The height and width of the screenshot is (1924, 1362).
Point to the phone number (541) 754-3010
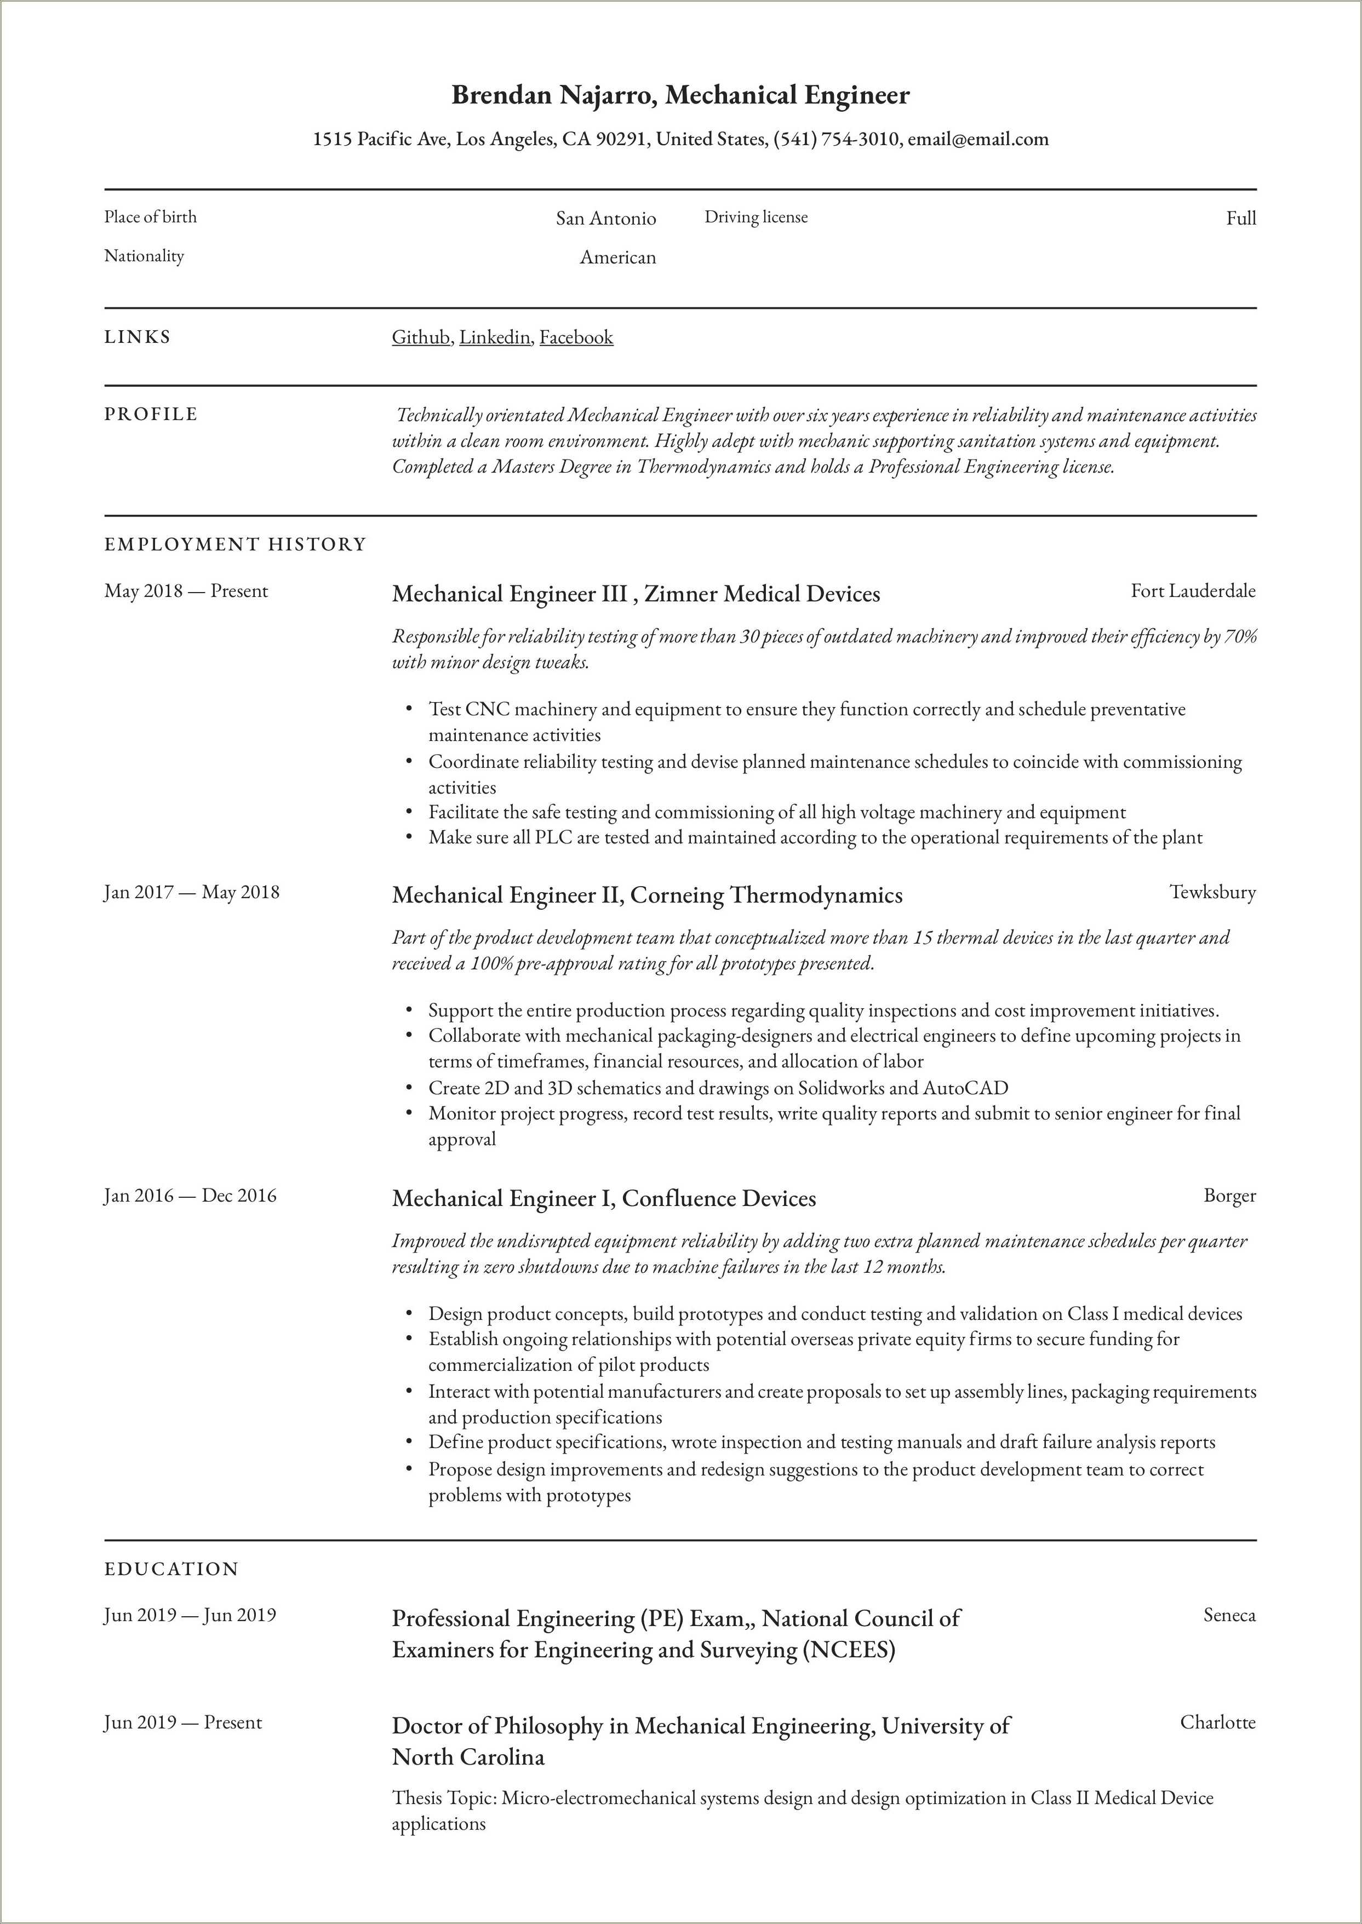pyautogui.click(x=835, y=139)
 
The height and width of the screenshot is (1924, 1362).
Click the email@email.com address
pyautogui.click(x=978, y=139)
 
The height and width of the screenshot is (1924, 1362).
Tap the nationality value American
pyautogui.click(x=617, y=257)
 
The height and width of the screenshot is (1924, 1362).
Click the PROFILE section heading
pyautogui.click(x=151, y=414)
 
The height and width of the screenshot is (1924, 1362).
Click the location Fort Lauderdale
pyautogui.click(x=1193, y=591)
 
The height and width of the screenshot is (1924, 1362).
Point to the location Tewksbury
pyautogui.click(x=1213, y=892)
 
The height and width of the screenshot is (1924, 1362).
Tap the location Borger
pyautogui.click(x=1229, y=1196)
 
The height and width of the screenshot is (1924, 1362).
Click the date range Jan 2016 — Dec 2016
pyautogui.click(x=190, y=1196)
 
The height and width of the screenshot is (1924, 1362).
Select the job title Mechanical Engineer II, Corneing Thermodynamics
pyautogui.click(x=646, y=895)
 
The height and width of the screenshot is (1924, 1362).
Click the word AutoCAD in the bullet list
pyautogui.click(x=965, y=1088)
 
